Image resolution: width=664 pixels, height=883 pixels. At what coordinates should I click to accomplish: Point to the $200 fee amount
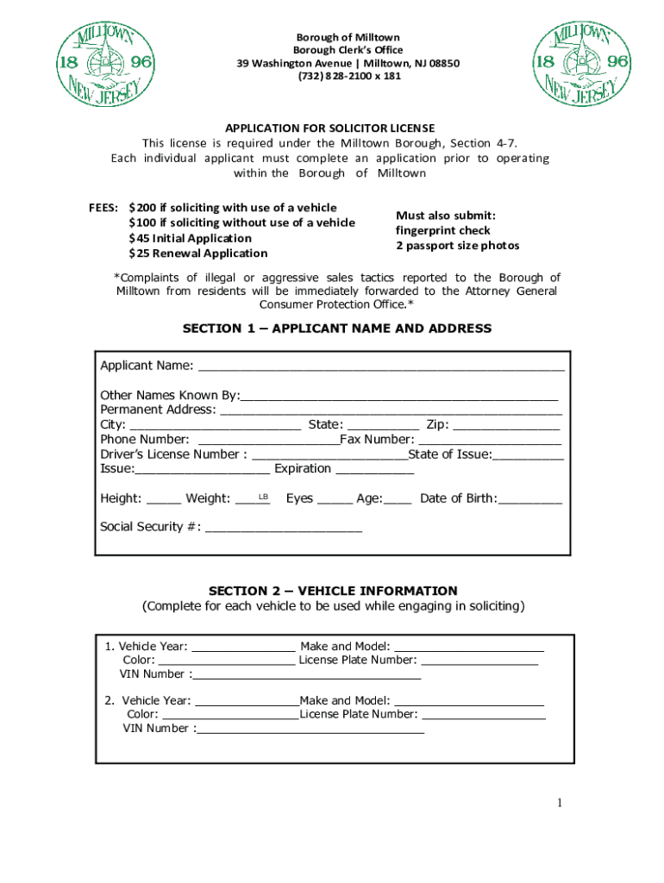tap(142, 208)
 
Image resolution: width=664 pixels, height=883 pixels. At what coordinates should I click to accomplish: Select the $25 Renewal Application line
tap(198, 254)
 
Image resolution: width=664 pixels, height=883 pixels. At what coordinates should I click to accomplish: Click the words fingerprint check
tap(443, 231)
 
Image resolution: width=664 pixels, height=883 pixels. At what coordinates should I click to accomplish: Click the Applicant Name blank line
tap(381, 366)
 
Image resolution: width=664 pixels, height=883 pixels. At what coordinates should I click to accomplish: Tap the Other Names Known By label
tap(169, 396)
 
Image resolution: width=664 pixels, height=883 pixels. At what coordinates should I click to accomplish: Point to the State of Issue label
tap(449, 454)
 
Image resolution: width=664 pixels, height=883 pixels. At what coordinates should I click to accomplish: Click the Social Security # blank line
tap(284, 528)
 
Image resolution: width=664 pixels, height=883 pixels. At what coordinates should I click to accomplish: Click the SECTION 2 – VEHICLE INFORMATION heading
tap(333, 591)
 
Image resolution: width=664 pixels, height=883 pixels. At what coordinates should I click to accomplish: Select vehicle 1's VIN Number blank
tap(308, 675)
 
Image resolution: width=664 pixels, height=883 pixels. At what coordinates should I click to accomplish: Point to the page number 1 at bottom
tap(559, 804)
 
